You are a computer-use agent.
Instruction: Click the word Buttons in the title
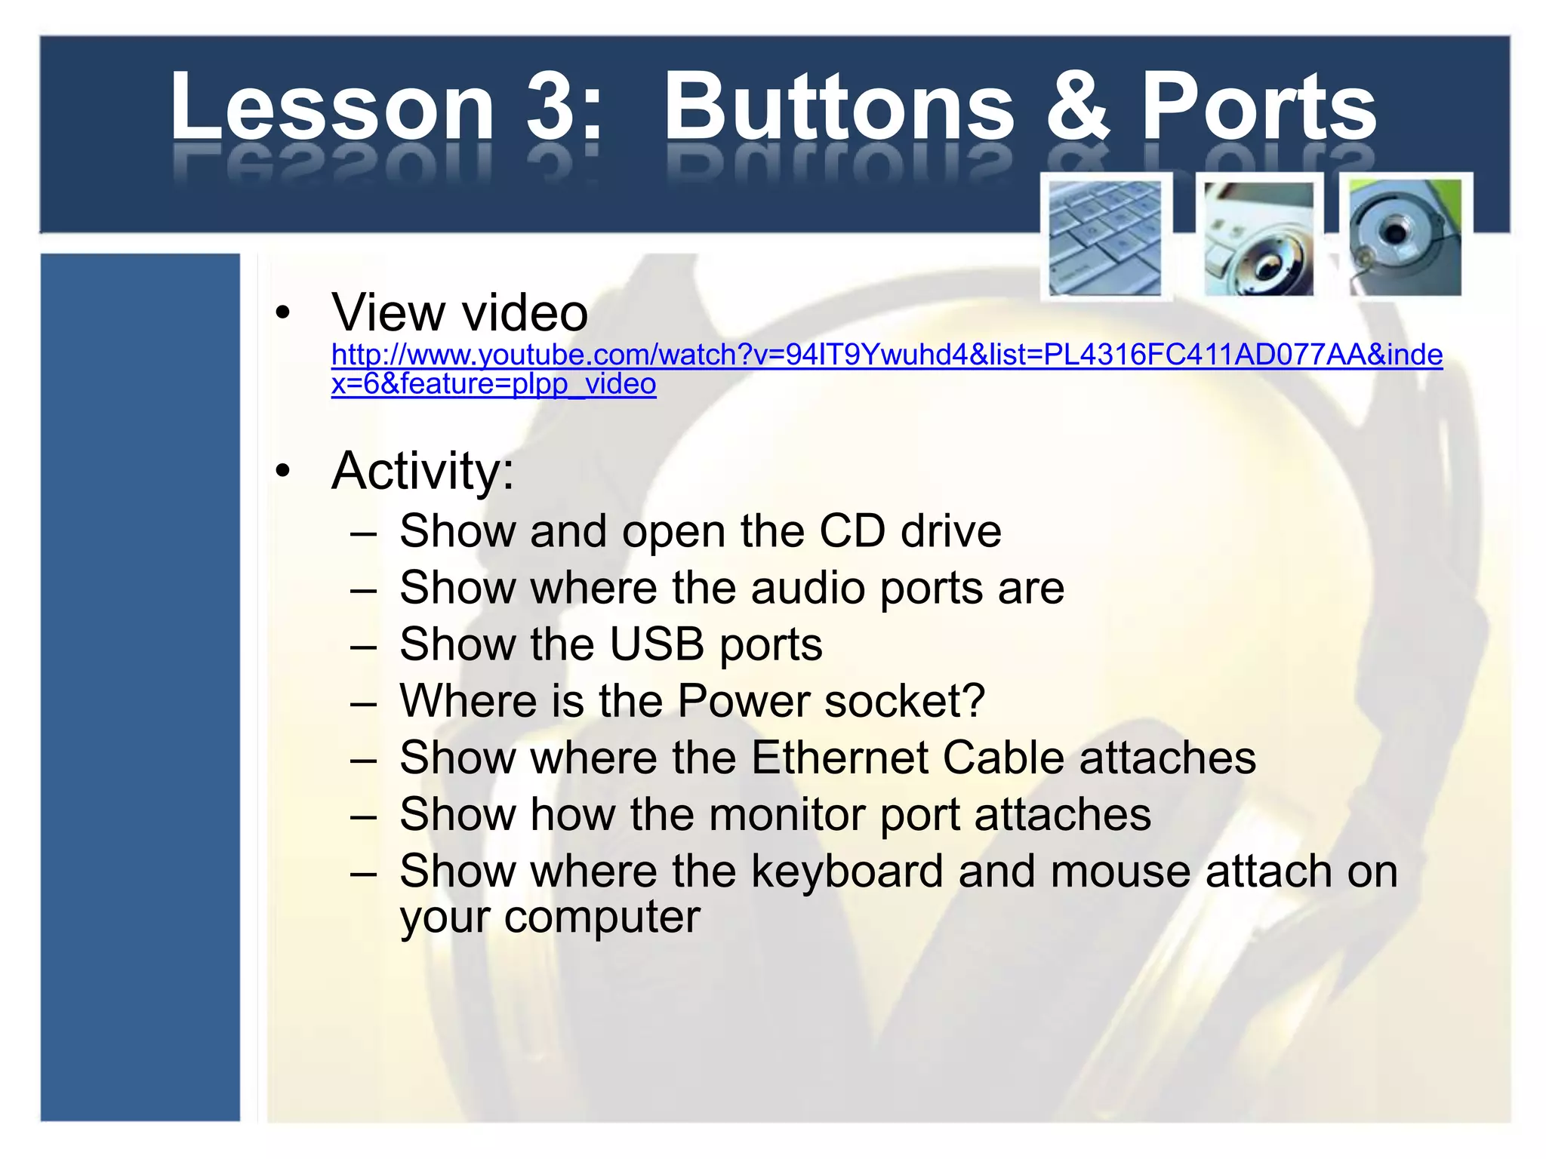839,107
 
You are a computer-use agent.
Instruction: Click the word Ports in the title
1258,107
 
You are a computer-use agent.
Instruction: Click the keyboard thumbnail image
1105,238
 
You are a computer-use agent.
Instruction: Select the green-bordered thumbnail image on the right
1405,238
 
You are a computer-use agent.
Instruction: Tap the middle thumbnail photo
1258,238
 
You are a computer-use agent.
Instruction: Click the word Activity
423,471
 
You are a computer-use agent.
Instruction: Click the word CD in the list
852,531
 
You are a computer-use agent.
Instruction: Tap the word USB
656,644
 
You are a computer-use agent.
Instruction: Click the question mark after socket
974,700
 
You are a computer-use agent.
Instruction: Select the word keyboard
847,872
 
